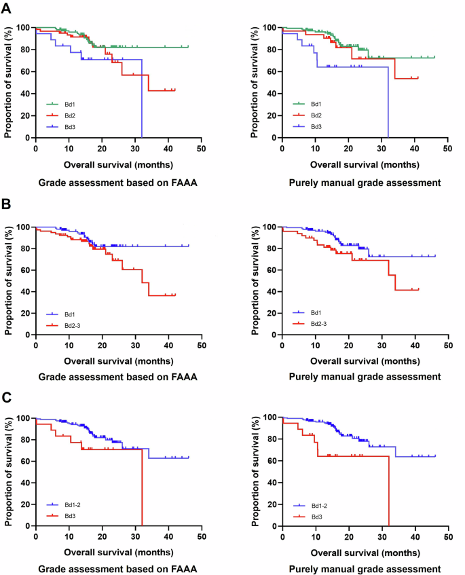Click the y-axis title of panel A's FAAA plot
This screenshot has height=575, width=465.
pos(8,82)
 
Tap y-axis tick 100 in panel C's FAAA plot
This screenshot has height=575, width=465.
pos(24,417)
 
